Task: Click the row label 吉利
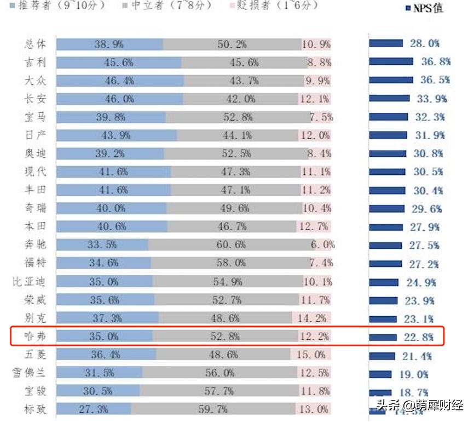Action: (x=36, y=62)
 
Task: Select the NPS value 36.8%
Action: (x=435, y=62)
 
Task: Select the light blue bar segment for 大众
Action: (x=120, y=81)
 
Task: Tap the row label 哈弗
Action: (x=36, y=337)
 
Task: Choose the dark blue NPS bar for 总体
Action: (x=385, y=43)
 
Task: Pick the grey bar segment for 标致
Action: (x=213, y=409)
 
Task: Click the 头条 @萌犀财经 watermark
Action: (x=418, y=406)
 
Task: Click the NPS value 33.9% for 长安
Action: (x=432, y=99)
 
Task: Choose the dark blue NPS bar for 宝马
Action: (x=388, y=117)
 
